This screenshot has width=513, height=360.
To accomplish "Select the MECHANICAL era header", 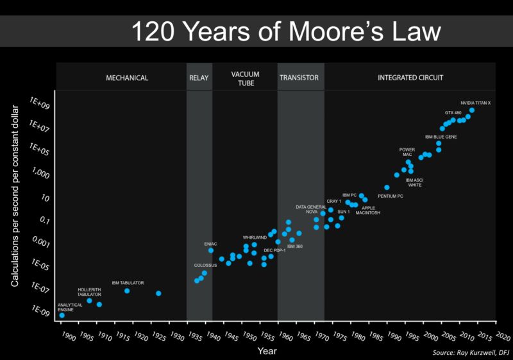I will (127, 78).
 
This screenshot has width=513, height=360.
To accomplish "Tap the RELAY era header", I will (199, 78).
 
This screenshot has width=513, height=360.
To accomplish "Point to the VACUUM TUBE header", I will (245, 78).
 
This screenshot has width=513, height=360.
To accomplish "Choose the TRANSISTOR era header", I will (299, 78).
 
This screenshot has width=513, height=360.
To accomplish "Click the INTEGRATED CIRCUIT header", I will (410, 78).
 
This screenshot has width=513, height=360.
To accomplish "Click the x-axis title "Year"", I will (267, 351).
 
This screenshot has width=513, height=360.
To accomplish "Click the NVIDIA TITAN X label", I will (476, 103).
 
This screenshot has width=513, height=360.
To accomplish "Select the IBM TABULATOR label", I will (128, 282).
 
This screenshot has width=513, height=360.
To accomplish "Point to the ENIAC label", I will (210, 244).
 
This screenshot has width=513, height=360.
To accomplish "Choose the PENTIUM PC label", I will (390, 196).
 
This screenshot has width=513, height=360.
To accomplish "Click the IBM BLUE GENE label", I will (440, 137).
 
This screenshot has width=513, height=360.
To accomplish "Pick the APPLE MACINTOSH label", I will (368, 210).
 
